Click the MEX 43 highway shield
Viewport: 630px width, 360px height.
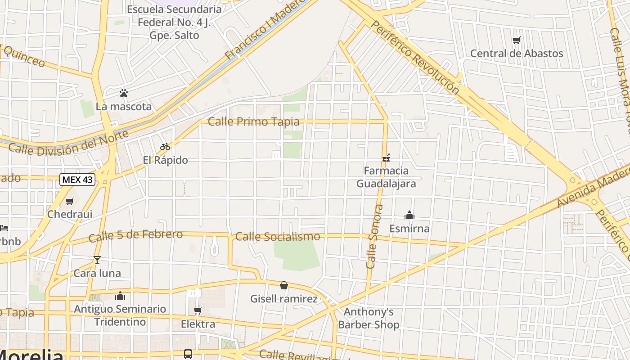coord(77,180)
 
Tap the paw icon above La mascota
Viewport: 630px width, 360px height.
coord(124,93)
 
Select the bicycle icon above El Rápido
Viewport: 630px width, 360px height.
coord(165,147)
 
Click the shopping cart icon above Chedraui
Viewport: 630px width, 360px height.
coord(69,201)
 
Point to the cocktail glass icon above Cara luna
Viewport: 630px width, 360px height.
coord(97,260)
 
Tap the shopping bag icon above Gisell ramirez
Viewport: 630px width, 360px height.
coord(284,285)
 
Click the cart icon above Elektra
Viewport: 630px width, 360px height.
coord(198,310)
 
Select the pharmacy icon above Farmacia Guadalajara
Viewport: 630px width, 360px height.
coord(386,157)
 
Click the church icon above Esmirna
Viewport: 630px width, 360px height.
coord(409,215)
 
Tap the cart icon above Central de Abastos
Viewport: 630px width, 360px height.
coord(516,40)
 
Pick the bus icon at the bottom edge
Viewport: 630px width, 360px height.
coord(188,354)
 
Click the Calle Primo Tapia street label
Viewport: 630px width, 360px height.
coord(253,121)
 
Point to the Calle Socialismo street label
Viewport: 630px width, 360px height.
coord(278,236)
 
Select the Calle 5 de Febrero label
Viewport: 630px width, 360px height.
coord(135,235)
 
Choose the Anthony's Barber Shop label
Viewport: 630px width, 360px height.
coord(369,318)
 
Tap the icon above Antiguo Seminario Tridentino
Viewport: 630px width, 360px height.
coord(120,296)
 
